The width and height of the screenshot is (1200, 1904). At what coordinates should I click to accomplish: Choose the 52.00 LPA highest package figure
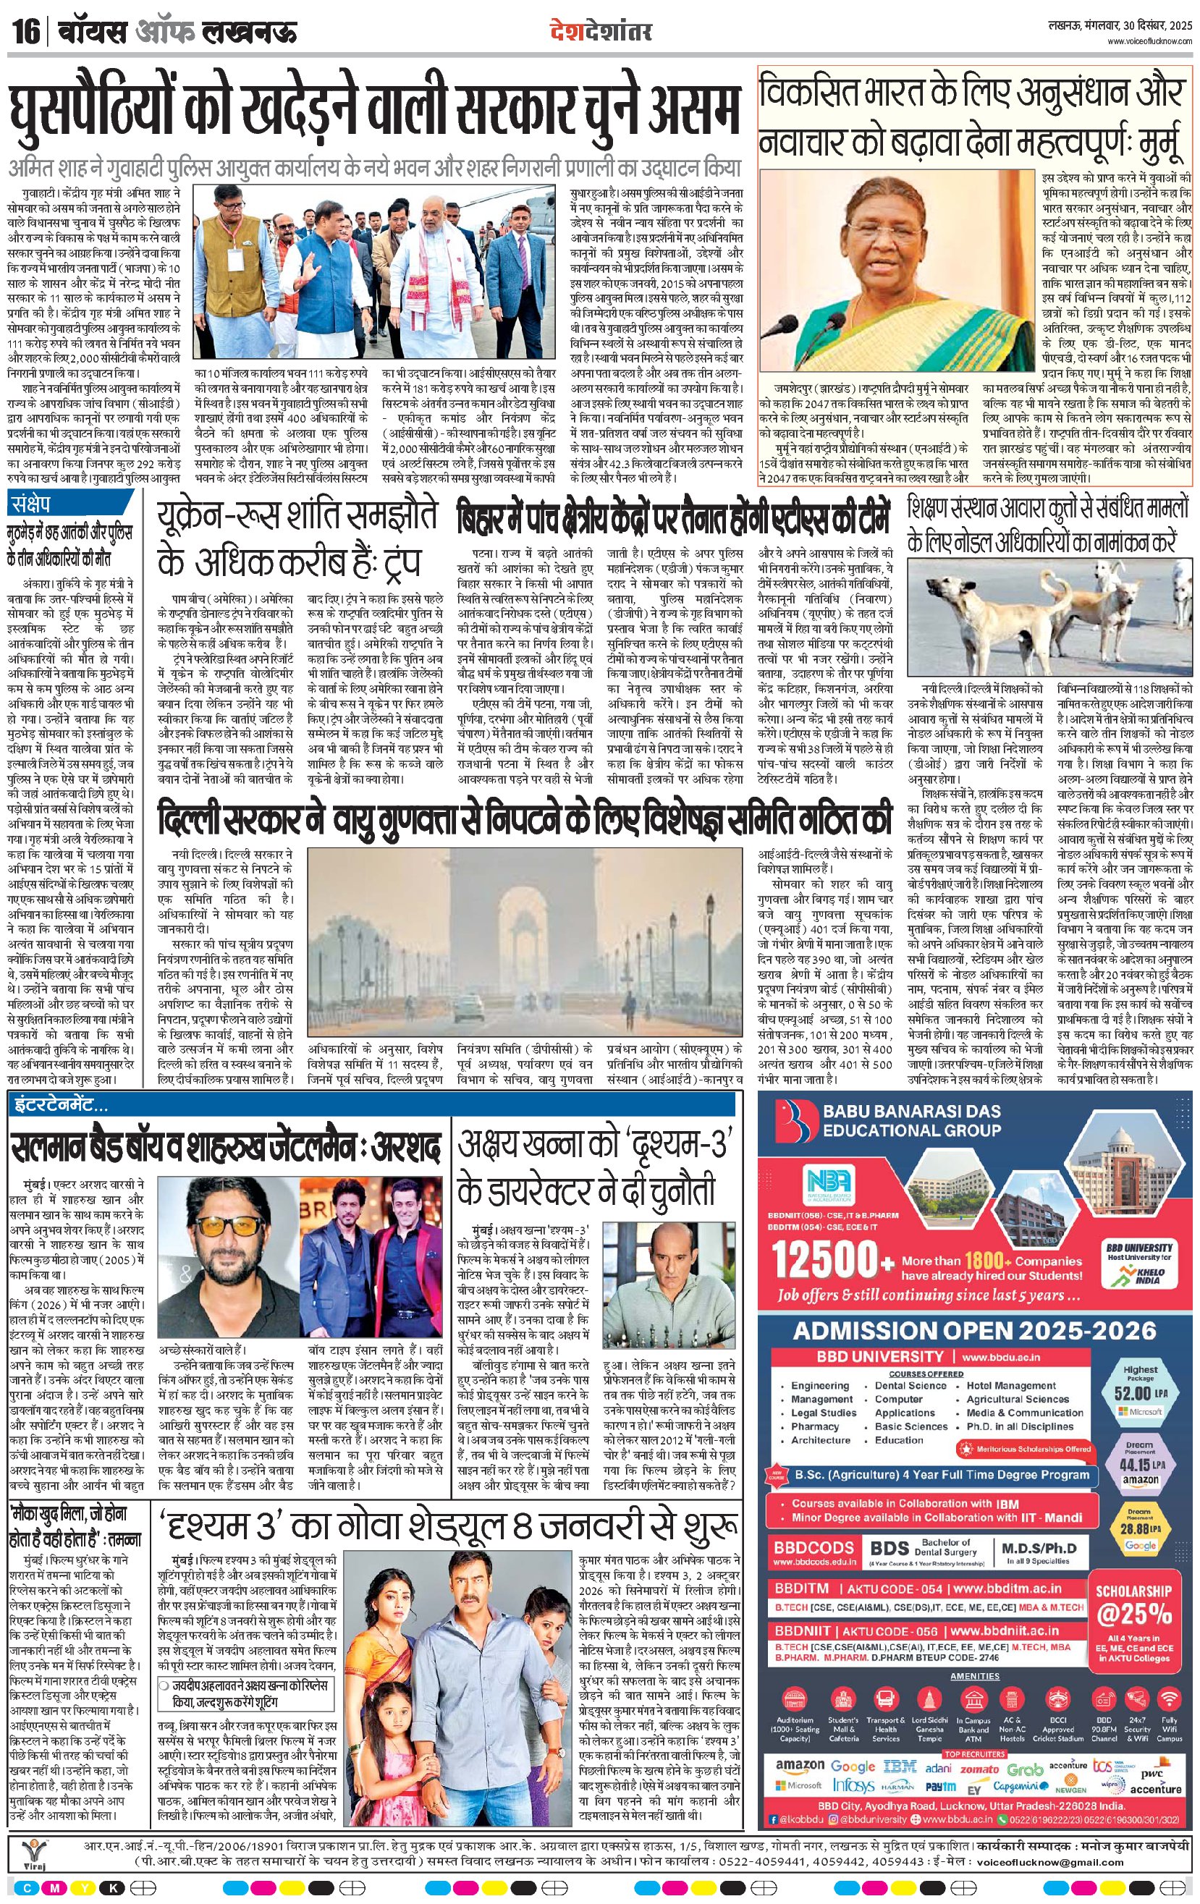(x=1139, y=1392)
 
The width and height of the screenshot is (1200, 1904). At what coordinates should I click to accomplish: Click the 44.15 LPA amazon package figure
(x=1140, y=1465)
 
